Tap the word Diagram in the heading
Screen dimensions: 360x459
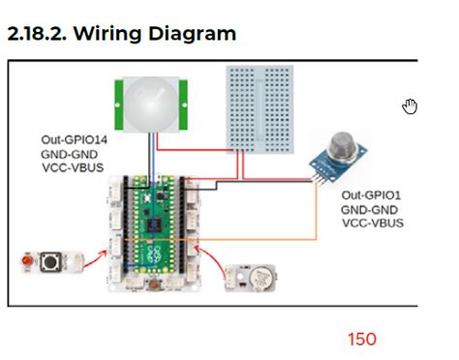(199, 34)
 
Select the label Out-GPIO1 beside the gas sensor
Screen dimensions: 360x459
(373, 195)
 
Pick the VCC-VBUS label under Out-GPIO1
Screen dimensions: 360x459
(373, 223)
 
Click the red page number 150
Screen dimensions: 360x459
(362, 339)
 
